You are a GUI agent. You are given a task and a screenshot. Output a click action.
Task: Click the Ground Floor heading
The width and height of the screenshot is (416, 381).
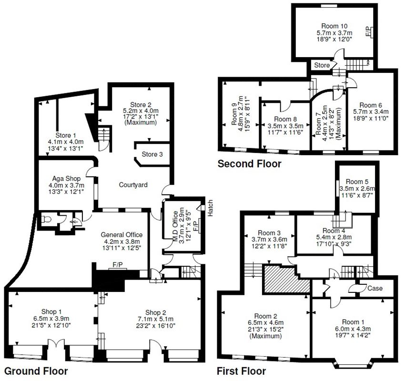[36, 371]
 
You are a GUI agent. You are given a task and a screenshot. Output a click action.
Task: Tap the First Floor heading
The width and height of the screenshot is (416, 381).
[241, 371]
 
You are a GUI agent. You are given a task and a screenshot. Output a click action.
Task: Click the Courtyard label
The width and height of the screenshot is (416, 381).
[133, 185]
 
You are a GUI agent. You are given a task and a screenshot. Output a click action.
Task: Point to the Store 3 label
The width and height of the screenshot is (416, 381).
[152, 154]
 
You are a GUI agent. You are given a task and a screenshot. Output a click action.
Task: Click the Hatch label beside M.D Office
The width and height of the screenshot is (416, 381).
[209, 208]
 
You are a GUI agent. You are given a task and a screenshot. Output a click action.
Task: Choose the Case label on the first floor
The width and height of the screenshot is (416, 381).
[375, 288]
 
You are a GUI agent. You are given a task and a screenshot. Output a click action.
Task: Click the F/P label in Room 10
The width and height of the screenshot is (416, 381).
[367, 32]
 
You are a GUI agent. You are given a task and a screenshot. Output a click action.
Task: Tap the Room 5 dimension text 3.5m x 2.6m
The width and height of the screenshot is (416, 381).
[357, 189]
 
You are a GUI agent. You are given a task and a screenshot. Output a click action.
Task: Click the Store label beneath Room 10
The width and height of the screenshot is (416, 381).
[321, 65]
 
